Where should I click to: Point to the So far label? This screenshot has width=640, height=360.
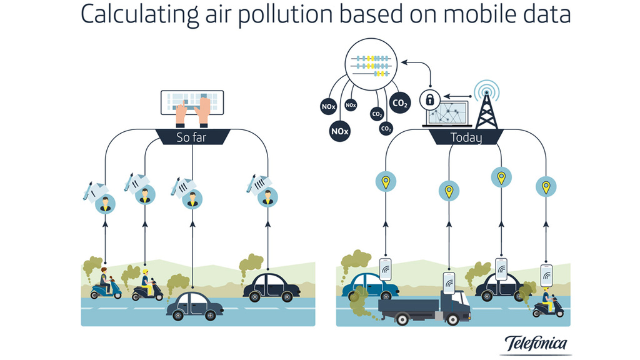[x=192, y=137]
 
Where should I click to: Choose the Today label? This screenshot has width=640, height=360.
[x=466, y=137]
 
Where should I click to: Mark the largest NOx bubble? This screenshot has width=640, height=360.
[x=340, y=131]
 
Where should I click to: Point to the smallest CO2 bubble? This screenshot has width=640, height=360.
[x=386, y=129]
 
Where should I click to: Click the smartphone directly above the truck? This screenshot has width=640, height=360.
[x=449, y=282]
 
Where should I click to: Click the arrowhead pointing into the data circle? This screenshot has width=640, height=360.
[x=403, y=62]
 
